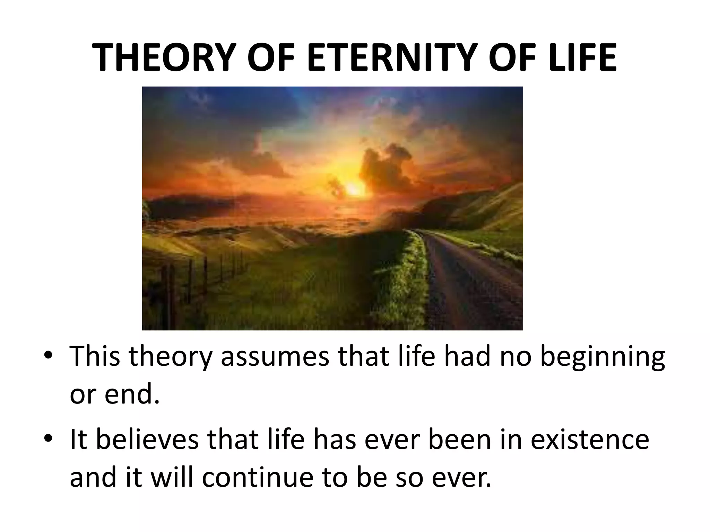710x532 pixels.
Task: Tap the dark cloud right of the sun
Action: pyautogui.click(x=385, y=166)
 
